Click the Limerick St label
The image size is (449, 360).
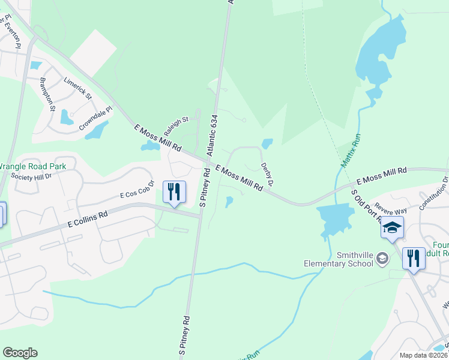tap(77, 88)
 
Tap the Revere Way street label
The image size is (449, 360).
tap(391, 211)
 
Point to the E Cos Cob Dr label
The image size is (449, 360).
tap(137, 190)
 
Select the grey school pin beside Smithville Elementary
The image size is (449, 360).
tap(382, 259)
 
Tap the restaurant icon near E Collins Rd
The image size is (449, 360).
tap(174, 193)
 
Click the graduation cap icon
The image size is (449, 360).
tap(392, 227)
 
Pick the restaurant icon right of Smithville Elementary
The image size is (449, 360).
tap(413, 259)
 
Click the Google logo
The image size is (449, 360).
tap(20, 353)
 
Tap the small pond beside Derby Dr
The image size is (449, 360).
tap(267, 144)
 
